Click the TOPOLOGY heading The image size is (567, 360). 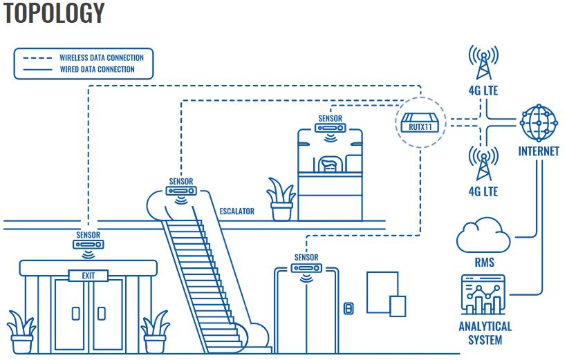54,13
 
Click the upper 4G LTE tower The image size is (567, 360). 483,64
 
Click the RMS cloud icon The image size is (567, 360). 483,236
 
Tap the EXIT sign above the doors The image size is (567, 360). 88,276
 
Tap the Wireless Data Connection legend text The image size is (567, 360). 97,58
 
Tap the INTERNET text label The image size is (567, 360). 538,151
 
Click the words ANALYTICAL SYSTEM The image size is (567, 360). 485,333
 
